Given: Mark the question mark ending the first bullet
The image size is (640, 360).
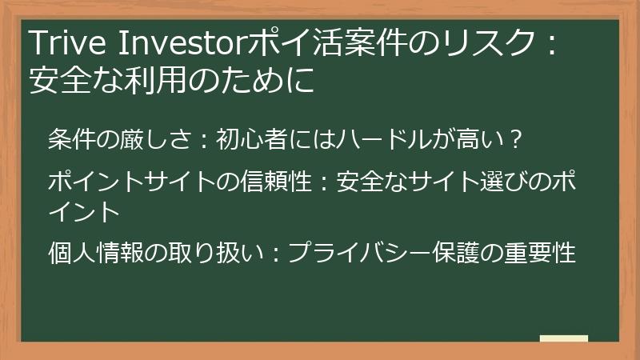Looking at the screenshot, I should [x=517, y=138].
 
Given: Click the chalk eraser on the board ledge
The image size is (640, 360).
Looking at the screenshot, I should [x=563, y=339].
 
